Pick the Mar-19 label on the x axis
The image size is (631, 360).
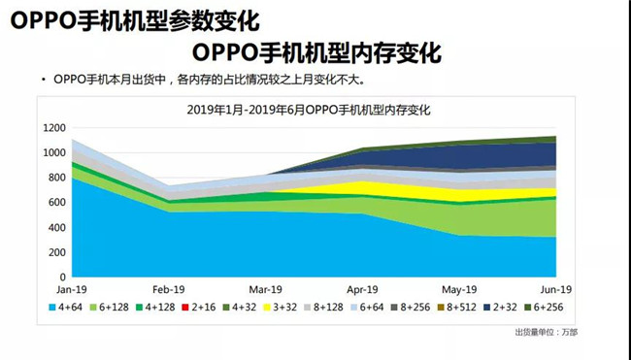(x=266, y=289)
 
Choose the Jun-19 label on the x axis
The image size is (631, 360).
(x=555, y=289)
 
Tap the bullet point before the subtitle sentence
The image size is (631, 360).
(x=43, y=78)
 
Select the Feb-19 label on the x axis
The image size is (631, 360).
(x=169, y=289)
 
